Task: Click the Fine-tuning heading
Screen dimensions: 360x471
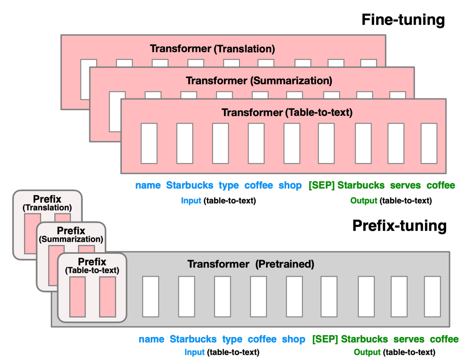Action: [403, 20]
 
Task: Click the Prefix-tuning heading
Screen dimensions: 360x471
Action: [399, 226]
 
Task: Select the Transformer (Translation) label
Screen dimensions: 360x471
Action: [212, 49]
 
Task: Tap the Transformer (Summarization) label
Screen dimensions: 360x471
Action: [258, 81]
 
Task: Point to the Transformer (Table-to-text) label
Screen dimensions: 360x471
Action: [287, 113]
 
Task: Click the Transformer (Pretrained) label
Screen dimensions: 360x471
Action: [251, 264]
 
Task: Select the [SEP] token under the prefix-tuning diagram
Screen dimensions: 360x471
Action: [325, 339]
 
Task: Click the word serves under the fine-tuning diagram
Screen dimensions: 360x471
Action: [405, 186]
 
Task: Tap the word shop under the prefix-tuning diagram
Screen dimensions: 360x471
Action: [293, 339]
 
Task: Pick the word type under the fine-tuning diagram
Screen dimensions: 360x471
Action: [229, 186]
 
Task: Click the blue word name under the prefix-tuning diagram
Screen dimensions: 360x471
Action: [151, 339]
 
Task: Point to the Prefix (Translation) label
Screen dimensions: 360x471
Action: [47, 203]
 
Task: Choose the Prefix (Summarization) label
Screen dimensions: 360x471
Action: [71, 235]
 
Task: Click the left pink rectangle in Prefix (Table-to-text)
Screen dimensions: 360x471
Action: [77, 297]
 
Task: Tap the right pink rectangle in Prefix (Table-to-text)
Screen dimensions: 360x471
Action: [107, 297]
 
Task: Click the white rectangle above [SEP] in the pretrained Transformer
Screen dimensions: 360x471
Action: [329, 297]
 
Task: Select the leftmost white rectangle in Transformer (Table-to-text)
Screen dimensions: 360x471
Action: [149, 143]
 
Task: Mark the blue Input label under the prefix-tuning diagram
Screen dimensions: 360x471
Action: [194, 352]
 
